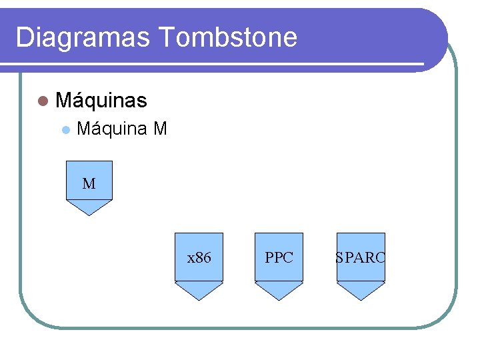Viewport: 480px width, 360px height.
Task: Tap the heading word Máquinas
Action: pos(101,101)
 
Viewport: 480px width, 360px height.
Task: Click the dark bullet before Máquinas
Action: pos(44,101)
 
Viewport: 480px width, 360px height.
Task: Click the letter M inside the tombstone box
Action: pos(89,183)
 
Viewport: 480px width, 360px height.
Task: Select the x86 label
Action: pos(199,257)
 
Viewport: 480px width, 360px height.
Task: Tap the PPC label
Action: pos(279,257)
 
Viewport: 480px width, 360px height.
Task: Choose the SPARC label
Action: pos(360,257)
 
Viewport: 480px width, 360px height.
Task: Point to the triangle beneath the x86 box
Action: pos(199,291)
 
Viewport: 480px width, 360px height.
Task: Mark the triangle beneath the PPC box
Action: pos(279,291)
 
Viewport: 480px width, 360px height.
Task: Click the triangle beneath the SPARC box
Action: pos(361,291)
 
